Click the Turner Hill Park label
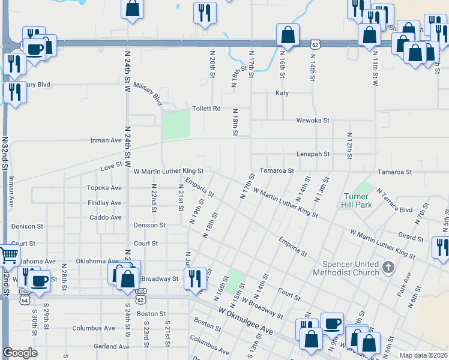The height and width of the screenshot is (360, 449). tap(358, 200)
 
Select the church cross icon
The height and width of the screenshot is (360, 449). tap(388, 267)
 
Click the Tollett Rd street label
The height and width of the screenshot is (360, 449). tap(206, 109)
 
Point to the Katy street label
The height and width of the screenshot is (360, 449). tap(282, 93)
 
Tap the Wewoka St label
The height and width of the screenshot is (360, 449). tap(313, 120)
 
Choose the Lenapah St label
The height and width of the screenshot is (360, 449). tap(313, 154)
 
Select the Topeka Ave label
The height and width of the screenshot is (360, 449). tap(104, 188)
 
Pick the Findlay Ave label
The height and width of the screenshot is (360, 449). tap(104, 203)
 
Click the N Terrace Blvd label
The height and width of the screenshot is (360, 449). tap(394, 202)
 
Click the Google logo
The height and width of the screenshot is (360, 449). tap(20, 353)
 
